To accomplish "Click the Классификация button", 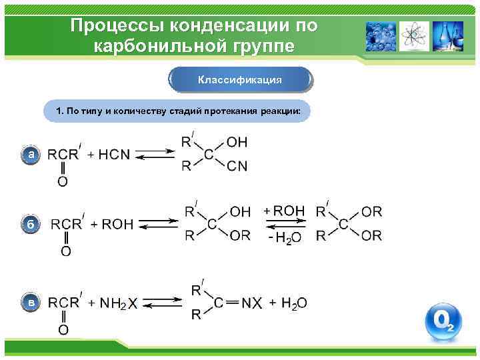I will pyautogui.click(x=240, y=79).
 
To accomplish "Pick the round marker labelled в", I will pyautogui.click(x=30, y=303).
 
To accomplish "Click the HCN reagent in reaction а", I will pyautogui.click(x=114, y=155).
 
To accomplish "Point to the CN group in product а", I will pyautogui.click(x=237, y=167).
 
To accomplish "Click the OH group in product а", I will pyautogui.click(x=237, y=142).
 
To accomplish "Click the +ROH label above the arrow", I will pyautogui.click(x=284, y=211).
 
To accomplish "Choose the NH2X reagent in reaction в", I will pyautogui.click(x=119, y=304).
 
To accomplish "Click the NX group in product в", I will pyautogui.click(x=251, y=304).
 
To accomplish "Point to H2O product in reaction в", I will pyautogui.click(x=294, y=304).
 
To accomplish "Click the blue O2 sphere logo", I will pyautogui.click(x=443, y=322).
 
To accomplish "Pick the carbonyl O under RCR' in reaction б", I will pyautogui.click(x=65, y=251).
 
